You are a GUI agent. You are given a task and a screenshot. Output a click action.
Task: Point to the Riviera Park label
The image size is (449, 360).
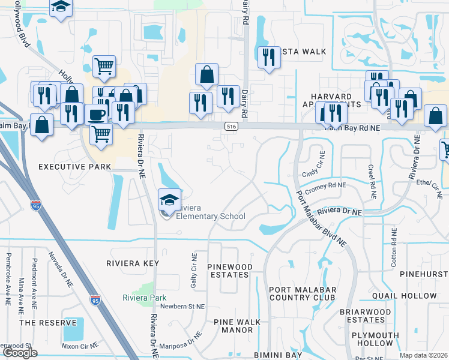tap(144, 298)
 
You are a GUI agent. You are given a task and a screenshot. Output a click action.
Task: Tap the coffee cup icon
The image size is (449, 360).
tap(96, 114)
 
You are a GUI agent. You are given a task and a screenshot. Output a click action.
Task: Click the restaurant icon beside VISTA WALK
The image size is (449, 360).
tap(268, 57)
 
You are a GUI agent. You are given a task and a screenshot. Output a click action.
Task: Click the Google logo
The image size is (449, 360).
tap(20, 353)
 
